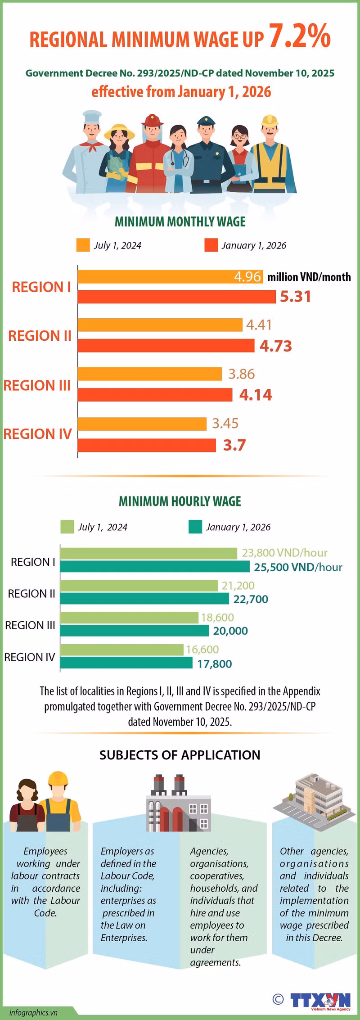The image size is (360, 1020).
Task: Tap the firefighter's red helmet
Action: [x=152, y=120]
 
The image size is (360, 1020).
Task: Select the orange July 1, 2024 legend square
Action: [x=83, y=245]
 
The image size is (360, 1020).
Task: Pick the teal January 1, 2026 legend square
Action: [x=195, y=527]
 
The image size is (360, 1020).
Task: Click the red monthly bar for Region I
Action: [x=177, y=297]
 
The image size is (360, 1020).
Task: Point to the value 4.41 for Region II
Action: [x=259, y=325]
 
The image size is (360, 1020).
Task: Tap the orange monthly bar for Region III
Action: [x=150, y=374]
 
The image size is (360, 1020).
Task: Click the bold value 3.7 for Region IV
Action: [x=234, y=445]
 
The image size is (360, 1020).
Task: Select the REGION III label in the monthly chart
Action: [x=37, y=385]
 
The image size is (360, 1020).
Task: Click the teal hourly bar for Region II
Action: [x=144, y=599]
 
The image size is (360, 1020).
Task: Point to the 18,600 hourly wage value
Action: [x=217, y=618]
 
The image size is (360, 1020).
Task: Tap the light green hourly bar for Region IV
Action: [x=121, y=650]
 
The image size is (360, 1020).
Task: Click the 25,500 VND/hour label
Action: [x=298, y=567]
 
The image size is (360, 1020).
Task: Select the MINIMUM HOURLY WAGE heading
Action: [x=180, y=501]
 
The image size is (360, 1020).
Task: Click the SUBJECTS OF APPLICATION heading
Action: [x=180, y=755]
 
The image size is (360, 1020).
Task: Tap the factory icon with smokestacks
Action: [x=179, y=804]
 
